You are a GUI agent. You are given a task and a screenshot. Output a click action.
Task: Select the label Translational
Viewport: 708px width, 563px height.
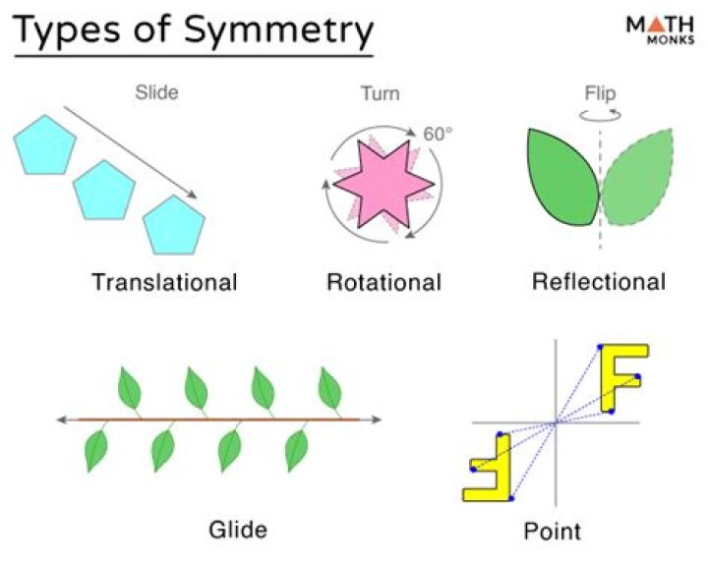[164, 283]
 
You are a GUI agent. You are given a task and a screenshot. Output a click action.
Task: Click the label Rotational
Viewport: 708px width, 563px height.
[384, 283]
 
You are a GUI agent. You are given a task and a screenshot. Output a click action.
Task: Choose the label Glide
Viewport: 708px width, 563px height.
[238, 530]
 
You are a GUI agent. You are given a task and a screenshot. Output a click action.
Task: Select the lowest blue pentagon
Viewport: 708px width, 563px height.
[175, 224]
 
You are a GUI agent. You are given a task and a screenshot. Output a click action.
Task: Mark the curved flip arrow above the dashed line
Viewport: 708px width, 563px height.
[599, 114]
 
